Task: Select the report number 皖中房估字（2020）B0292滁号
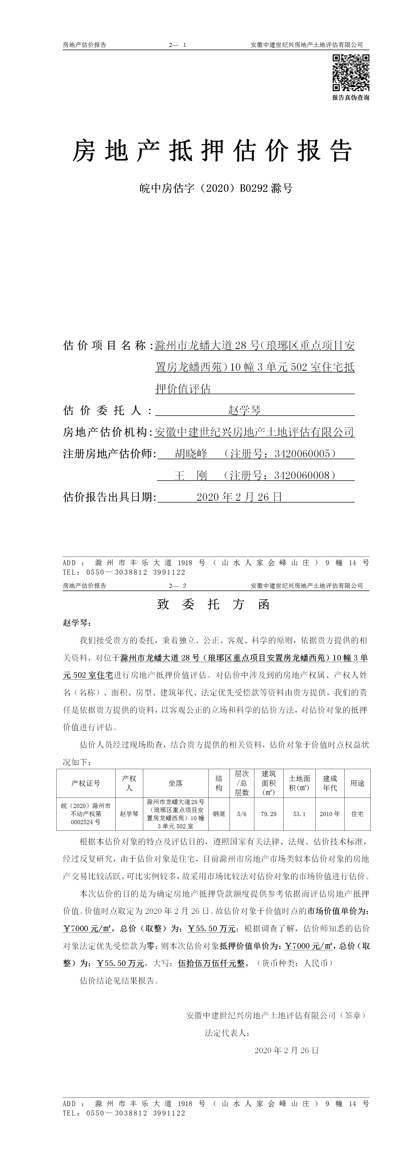(215, 188)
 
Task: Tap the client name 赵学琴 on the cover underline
(244, 410)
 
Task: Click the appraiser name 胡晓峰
(191, 454)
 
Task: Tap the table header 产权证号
(86, 783)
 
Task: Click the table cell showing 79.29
(268, 814)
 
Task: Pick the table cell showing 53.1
(299, 814)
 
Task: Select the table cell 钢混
(219, 814)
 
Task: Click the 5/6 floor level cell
(242, 814)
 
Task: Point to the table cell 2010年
(329, 814)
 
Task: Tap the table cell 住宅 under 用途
(357, 814)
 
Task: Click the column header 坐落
(176, 783)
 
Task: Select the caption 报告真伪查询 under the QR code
(351, 97)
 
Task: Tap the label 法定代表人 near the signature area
(227, 1033)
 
